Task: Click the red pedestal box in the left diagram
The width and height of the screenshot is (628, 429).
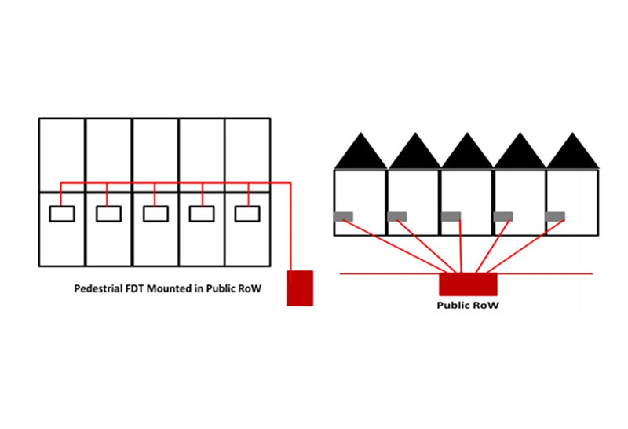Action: [x=299, y=288]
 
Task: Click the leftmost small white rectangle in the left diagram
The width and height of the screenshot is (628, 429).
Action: [x=62, y=213]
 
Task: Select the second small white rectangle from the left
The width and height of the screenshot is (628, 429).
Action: [x=108, y=213]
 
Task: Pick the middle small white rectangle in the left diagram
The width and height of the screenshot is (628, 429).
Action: [x=155, y=213]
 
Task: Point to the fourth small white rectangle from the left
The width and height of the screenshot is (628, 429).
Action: [x=203, y=213]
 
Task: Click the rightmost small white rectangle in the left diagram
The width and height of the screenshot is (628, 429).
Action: [x=248, y=213]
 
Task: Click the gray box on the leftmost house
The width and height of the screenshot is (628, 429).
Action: [x=343, y=216]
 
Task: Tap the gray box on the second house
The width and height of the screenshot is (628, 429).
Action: [x=396, y=216]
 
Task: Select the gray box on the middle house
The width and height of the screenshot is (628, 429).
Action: [x=451, y=216]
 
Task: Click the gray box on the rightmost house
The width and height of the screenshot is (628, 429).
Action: [x=556, y=216]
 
